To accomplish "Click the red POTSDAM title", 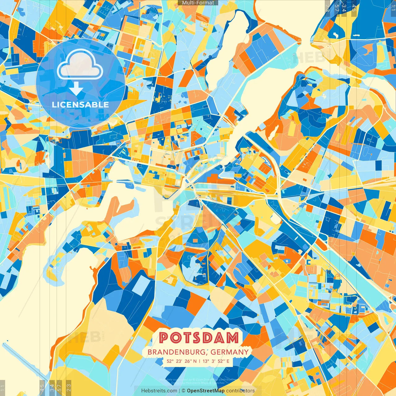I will click(x=200, y=338).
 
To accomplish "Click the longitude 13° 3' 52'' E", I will click(x=216, y=361).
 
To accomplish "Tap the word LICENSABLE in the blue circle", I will click(x=80, y=105).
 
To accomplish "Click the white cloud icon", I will click(x=80, y=65).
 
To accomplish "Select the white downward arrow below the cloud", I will click(x=76, y=89).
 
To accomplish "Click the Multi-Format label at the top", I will click(x=198, y=3).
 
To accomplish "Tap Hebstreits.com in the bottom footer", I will click(x=159, y=391).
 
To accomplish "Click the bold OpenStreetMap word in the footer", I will click(x=206, y=391).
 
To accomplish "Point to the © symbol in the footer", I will click(x=183, y=391).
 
